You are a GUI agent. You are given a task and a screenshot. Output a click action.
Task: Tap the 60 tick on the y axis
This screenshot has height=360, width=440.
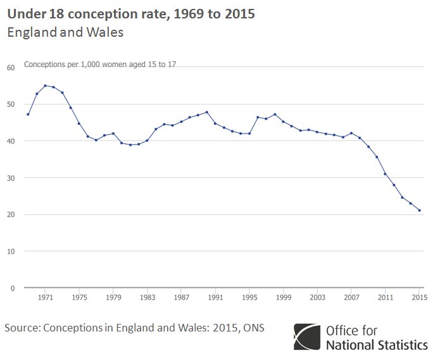[x=11, y=67]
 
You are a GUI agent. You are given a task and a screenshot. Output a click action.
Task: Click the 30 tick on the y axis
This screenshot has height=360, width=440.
[x=11, y=177]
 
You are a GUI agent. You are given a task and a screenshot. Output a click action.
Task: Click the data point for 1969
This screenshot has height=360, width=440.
[x=28, y=114]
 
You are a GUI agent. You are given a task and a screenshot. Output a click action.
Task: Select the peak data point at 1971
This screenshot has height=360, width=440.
[x=45, y=86]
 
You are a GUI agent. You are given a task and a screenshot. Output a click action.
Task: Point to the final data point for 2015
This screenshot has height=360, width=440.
[x=419, y=210]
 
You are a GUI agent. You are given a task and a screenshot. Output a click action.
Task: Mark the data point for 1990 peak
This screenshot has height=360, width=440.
[x=207, y=112]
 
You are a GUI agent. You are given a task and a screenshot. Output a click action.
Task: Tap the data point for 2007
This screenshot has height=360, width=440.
[x=351, y=133]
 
